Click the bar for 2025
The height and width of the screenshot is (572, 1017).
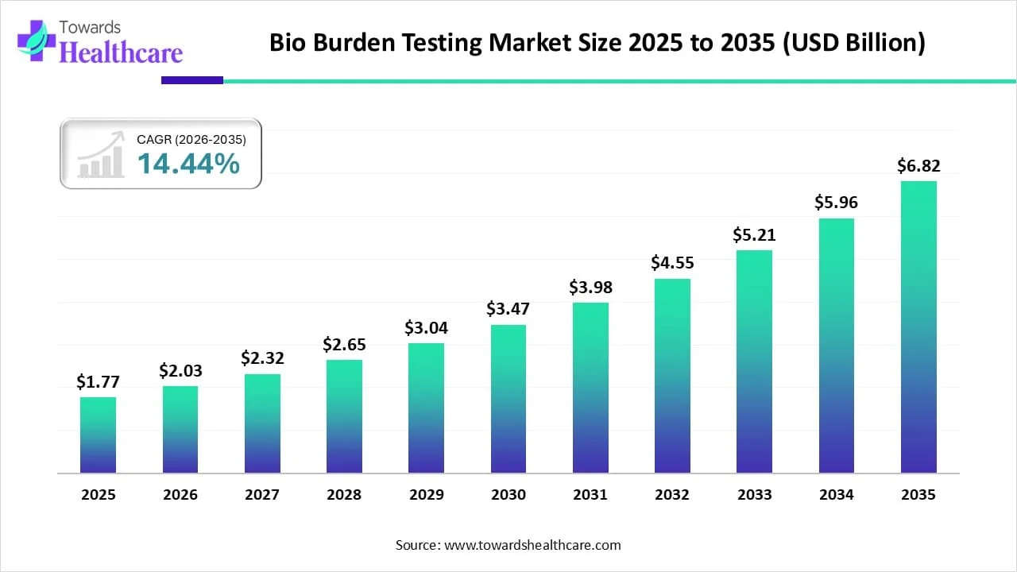click(x=98, y=435)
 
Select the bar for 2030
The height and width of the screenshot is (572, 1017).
click(x=508, y=399)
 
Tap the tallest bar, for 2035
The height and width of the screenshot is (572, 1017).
click(x=918, y=327)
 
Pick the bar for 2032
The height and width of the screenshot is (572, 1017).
click(x=672, y=376)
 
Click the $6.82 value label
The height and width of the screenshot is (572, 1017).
click(x=918, y=166)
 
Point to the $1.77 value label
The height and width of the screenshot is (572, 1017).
click(x=98, y=382)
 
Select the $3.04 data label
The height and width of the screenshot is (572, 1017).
click(x=426, y=328)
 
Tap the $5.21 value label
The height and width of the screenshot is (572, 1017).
click(x=754, y=235)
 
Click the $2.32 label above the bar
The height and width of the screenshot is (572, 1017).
click(x=262, y=359)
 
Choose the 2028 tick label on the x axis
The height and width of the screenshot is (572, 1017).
click(x=344, y=495)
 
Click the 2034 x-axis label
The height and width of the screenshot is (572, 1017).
click(x=837, y=495)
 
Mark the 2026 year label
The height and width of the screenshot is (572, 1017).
click(x=180, y=495)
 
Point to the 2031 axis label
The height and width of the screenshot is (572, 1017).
click(x=590, y=495)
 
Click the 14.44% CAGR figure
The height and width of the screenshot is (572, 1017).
click(x=188, y=164)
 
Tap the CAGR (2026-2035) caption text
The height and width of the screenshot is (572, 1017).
click(x=191, y=139)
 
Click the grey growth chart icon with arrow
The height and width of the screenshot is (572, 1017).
click(x=101, y=155)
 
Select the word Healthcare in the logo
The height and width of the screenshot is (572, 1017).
click(x=122, y=52)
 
